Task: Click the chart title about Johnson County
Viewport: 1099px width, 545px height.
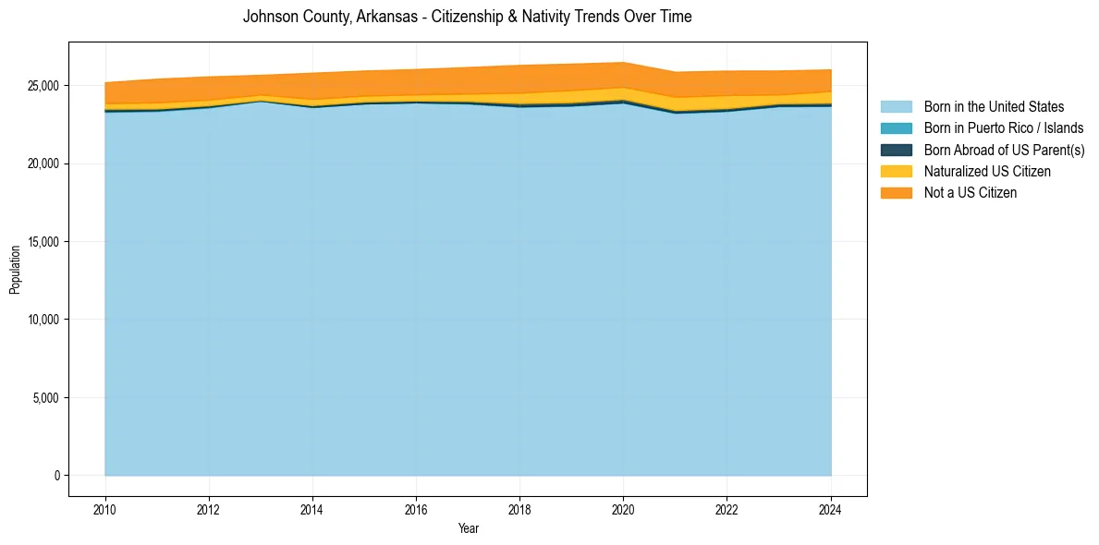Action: pyautogui.click(x=467, y=17)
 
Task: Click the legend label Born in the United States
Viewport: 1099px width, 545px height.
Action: pyautogui.click(x=994, y=107)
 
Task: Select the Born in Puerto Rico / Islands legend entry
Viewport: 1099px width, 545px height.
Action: pyautogui.click(x=1004, y=128)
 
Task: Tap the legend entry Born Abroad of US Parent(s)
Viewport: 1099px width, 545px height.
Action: pyautogui.click(x=1004, y=150)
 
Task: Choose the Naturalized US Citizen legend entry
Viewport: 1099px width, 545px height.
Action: pyautogui.click(x=987, y=171)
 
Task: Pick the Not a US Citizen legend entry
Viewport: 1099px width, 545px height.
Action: pyautogui.click(x=971, y=192)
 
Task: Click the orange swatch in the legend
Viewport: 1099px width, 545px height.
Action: pyautogui.click(x=896, y=192)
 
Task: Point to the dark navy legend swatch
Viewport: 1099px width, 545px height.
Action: pyautogui.click(x=896, y=150)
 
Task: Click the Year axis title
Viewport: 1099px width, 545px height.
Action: pyautogui.click(x=468, y=528)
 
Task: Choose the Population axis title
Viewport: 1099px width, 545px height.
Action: pyautogui.click(x=15, y=270)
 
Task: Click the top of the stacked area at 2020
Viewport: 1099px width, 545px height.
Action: pyautogui.click(x=623, y=63)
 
